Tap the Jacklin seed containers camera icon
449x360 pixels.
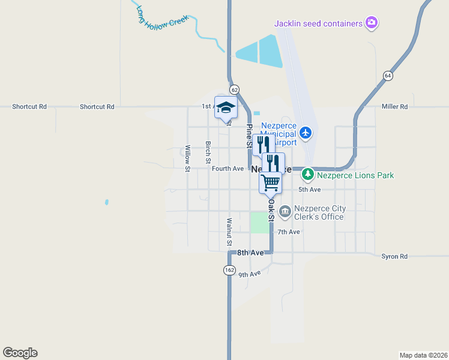point(372,23)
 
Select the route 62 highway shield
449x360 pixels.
point(234,89)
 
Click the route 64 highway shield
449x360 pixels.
point(388,76)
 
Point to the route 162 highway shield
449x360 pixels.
point(229,270)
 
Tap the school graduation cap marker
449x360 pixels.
point(226,108)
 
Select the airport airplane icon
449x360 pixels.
point(306,132)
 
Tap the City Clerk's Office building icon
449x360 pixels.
point(285,211)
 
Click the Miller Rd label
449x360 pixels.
point(394,107)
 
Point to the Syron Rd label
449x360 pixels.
point(394,257)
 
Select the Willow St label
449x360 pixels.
point(188,158)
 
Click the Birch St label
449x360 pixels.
point(208,152)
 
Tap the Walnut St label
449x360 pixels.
point(229,232)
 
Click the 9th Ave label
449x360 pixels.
point(250,274)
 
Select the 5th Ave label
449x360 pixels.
point(310,190)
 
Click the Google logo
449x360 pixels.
point(20,353)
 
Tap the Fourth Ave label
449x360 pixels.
point(228,169)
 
